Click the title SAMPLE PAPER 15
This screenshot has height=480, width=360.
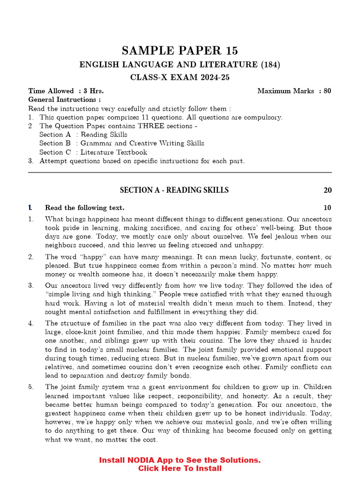coord(180,51)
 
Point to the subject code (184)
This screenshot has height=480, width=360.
coord(271,65)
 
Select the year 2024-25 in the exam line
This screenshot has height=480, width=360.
coord(213,78)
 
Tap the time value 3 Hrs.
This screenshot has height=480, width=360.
coord(93,91)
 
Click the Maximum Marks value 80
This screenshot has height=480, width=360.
coord(327,91)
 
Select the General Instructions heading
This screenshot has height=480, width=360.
coord(64,99)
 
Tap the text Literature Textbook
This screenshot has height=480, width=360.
coord(113,152)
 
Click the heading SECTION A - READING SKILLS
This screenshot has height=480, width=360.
coord(174,190)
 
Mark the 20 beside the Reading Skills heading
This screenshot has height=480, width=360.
coord(327,190)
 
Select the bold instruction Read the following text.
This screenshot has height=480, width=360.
coord(84,208)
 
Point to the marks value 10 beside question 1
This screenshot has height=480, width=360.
coord(327,208)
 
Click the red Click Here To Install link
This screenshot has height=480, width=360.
coord(180,468)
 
